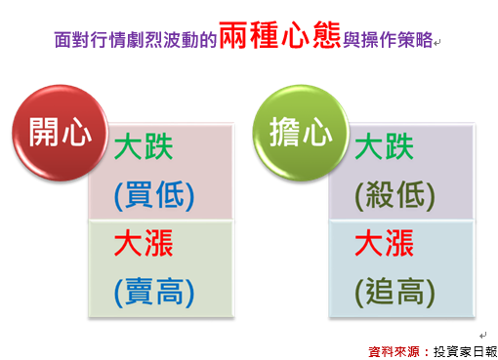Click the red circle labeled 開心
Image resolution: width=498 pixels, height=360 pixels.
pyautogui.click(x=60, y=133)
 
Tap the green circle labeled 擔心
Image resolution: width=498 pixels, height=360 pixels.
pyautogui.click(x=301, y=133)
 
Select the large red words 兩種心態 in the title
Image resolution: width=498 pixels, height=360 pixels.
pyautogui.click(x=280, y=35)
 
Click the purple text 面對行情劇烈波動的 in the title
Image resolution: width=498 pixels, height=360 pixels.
pyautogui.click(x=136, y=40)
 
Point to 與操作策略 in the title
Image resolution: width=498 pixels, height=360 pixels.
pyautogui.click(x=388, y=40)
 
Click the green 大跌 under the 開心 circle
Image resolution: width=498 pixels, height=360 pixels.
pyautogui.click(x=144, y=147)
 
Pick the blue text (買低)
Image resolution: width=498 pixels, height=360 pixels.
pyautogui.click(x=154, y=196)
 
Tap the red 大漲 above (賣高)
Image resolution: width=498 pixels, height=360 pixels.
pyautogui.click(x=144, y=243)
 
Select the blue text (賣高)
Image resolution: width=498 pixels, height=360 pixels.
pyautogui.click(x=154, y=293)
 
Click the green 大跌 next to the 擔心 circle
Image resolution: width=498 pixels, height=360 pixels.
pyautogui.click(x=385, y=147)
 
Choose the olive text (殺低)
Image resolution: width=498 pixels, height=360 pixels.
pyautogui.click(x=395, y=196)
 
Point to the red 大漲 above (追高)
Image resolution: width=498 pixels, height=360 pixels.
pyautogui.click(x=385, y=243)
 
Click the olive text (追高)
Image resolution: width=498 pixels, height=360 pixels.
pyautogui.click(x=395, y=293)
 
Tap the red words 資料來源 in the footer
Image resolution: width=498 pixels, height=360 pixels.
pyautogui.click(x=394, y=352)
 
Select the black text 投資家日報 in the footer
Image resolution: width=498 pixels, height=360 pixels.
pyautogui.click(x=466, y=352)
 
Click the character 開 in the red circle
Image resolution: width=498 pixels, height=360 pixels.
pyautogui.click(x=44, y=132)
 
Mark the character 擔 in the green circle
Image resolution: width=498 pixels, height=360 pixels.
pyautogui.click(x=284, y=132)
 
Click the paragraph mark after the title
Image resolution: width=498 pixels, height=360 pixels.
pyautogui.click(x=436, y=43)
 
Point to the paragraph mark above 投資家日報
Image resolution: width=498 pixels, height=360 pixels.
pyautogui.click(x=482, y=335)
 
